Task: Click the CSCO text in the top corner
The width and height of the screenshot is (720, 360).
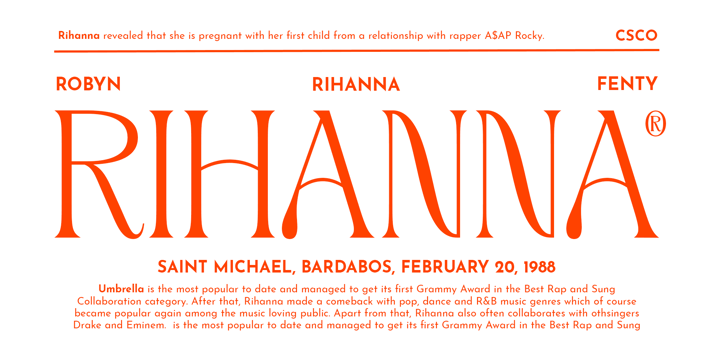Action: pyautogui.click(x=636, y=35)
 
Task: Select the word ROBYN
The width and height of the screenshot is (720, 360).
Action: pyautogui.click(x=88, y=84)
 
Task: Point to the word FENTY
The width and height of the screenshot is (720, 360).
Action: pyautogui.click(x=627, y=84)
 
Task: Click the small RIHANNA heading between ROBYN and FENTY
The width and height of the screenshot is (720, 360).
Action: pyautogui.click(x=356, y=85)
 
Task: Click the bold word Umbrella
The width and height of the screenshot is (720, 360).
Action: pyautogui.click(x=121, y=289)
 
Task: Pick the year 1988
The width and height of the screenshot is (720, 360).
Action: pyautogui.click(x=539, y=266)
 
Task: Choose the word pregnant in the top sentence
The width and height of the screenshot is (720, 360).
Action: pyautogui.click(x=220, y=36)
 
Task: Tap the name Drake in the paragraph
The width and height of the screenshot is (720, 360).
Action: pyautogui.click(x=85, y=326)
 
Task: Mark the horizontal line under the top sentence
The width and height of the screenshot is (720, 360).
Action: pyautogui.click(x=356, y=51)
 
